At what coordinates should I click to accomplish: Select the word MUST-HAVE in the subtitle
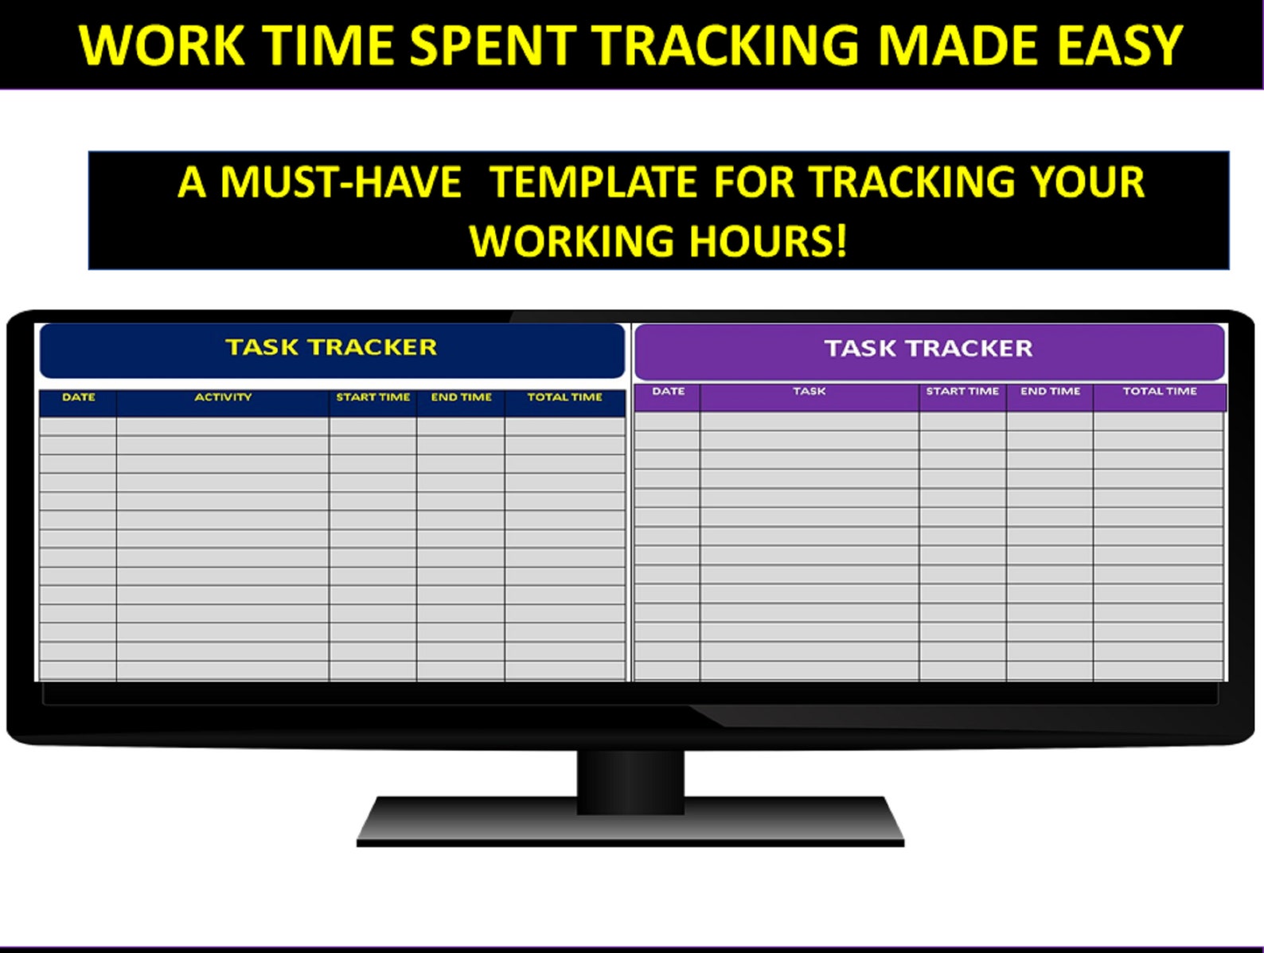tap(341, 182)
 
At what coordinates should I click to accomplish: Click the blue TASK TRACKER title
tap(331, 347)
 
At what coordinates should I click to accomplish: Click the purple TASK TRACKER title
tap(928, 348)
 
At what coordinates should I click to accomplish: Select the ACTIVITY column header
tap(223, 396)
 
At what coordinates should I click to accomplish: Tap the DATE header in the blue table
tap(79, 396)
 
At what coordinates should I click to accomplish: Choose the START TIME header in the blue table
tap(373, 396)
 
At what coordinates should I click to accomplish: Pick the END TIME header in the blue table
tap(461, 396)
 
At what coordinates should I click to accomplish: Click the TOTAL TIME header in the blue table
tap(564, 396)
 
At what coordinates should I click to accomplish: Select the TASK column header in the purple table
tap(809, 391)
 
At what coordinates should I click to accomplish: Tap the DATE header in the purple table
tap(668, 391)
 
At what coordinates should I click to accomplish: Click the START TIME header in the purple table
tap(962, 391)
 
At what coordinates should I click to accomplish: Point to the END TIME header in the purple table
tap(1050, 391)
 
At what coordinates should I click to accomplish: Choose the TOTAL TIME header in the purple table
tap(1159, 391)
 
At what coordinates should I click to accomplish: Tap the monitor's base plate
tap(630, 824)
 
